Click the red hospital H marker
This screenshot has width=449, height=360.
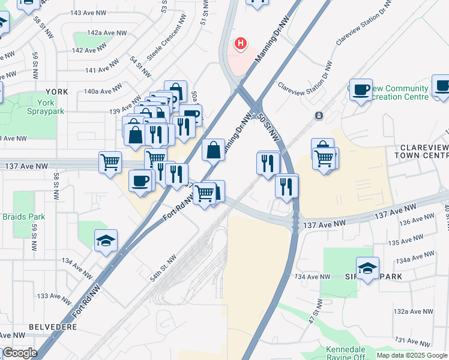(241, 43)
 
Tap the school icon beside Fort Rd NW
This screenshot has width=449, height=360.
(106, 241)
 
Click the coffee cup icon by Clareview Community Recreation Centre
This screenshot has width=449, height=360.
(361, 90)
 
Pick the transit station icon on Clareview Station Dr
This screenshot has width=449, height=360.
(319, 115)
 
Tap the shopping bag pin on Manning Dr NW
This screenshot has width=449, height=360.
(213, 150)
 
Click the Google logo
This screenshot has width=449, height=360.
(20, 353)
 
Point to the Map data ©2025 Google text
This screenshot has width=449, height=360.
(411, 355)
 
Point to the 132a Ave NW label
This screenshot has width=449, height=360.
(413, 312)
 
